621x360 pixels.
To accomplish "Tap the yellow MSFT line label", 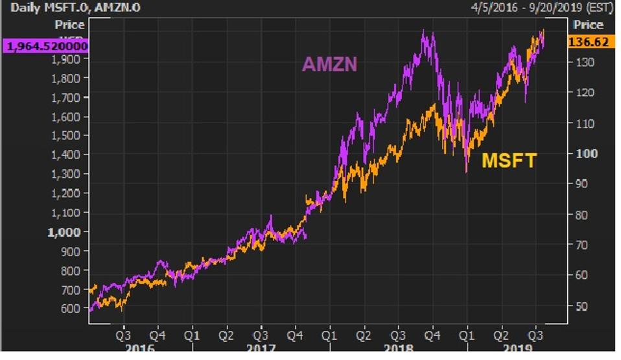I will click(x=510, y=161).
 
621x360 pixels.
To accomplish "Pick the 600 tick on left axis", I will click(x=71, y=308).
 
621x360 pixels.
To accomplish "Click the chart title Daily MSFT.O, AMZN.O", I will click(x=75, y=8).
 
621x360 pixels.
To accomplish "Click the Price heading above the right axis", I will click(x=589, y=25).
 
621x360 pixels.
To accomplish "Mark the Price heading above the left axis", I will click(x=69, y=25).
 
